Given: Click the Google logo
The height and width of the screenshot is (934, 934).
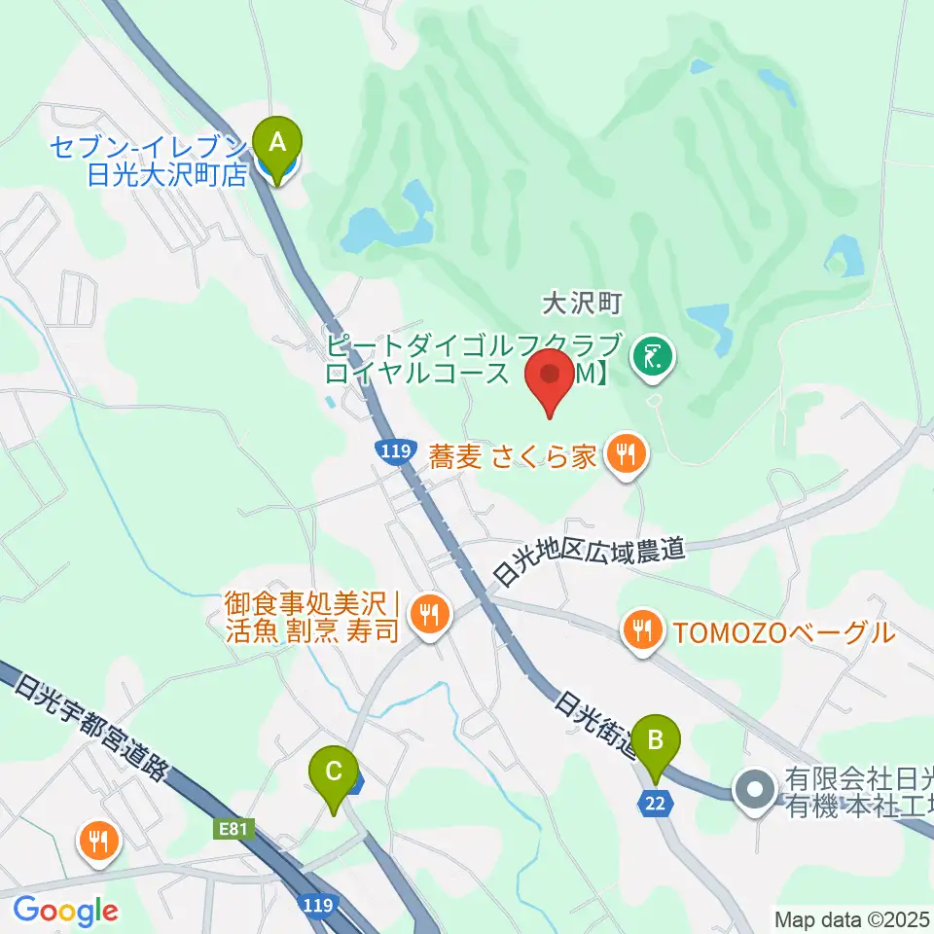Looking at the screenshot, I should (x=65, y=911).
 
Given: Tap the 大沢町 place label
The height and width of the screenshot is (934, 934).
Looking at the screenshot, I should (x=581, y=305).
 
